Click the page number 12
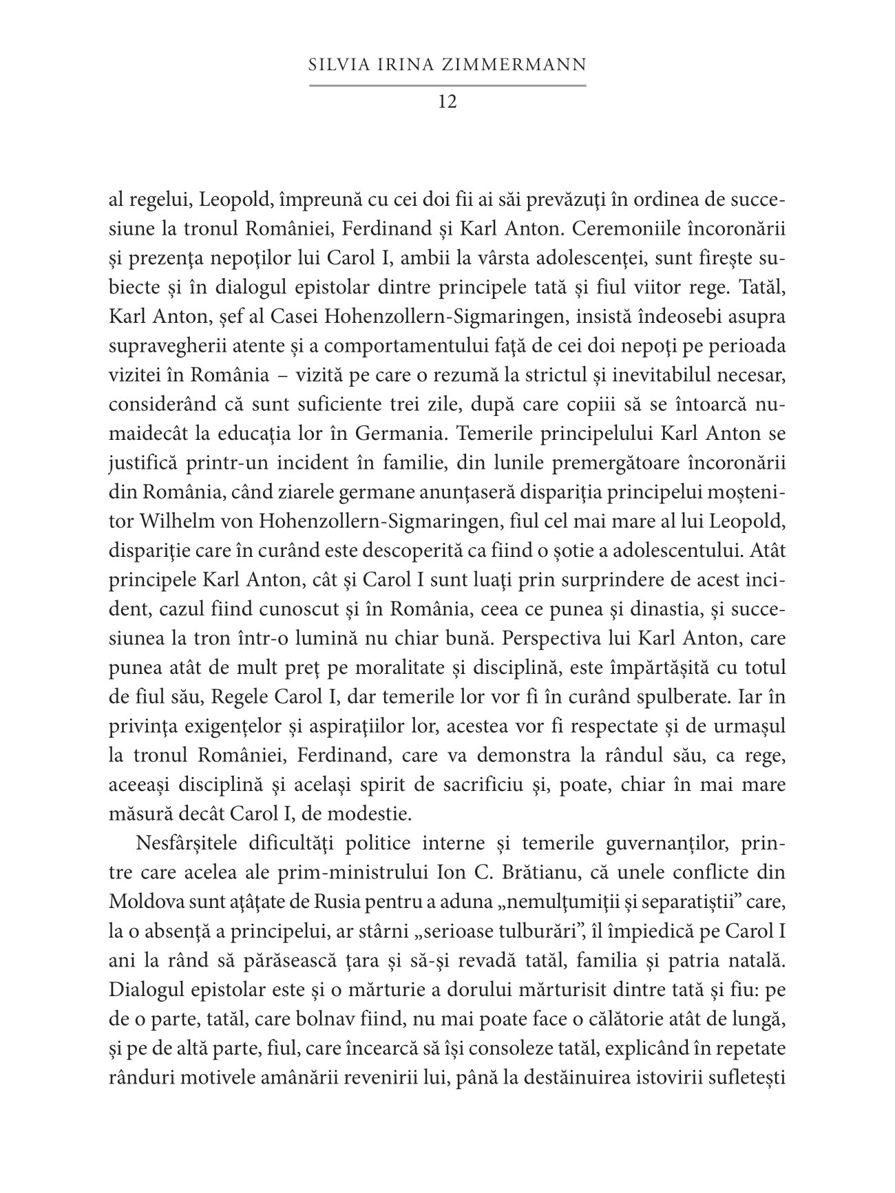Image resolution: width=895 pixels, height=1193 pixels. tap(447, 102)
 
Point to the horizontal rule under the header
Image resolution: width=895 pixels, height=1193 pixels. tap(447, 85)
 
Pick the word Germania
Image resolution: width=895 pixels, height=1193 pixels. tap(399, 434)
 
